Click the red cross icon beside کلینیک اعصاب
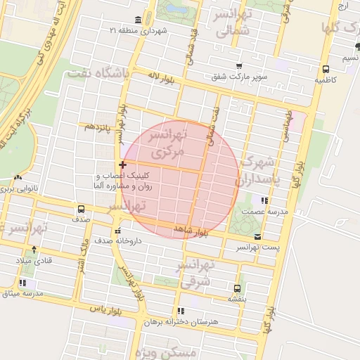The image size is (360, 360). point(122,164)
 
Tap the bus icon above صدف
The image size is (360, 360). point(82,209)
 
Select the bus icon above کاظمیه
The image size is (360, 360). point(326,69)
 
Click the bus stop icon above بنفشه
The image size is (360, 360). point(237,288)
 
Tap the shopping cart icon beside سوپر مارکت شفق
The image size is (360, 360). point(239,65)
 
